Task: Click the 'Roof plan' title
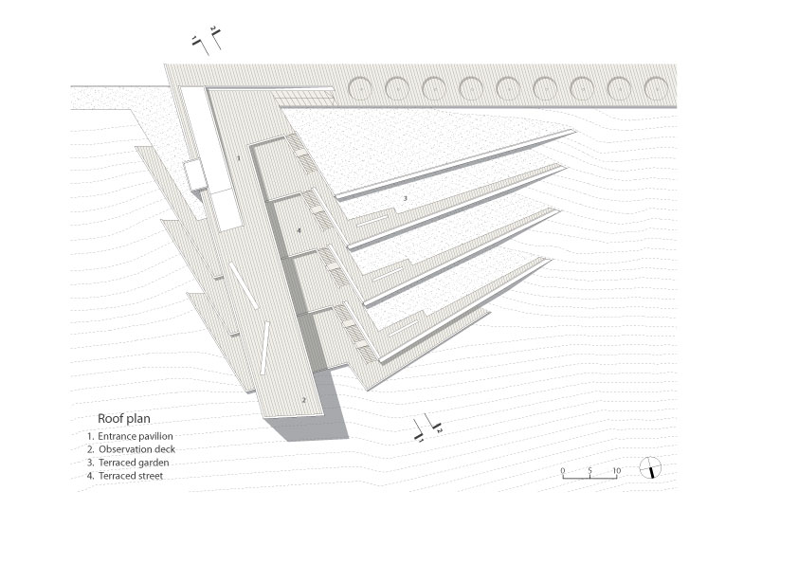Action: tap(123, 417)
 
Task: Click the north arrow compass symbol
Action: tap(651, 468)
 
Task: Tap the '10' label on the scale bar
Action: tap(616, 470)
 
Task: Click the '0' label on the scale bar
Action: tap(562, 470)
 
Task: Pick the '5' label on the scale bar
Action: tap(589, 470)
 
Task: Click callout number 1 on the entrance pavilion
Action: tap(239, 159)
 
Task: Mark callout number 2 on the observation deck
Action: tap(303, 400)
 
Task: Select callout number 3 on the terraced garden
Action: tap(405, 198)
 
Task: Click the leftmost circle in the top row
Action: tap(360, 88)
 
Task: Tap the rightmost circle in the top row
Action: tap(656, 88)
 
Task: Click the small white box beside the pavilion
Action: tap(194, 173)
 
